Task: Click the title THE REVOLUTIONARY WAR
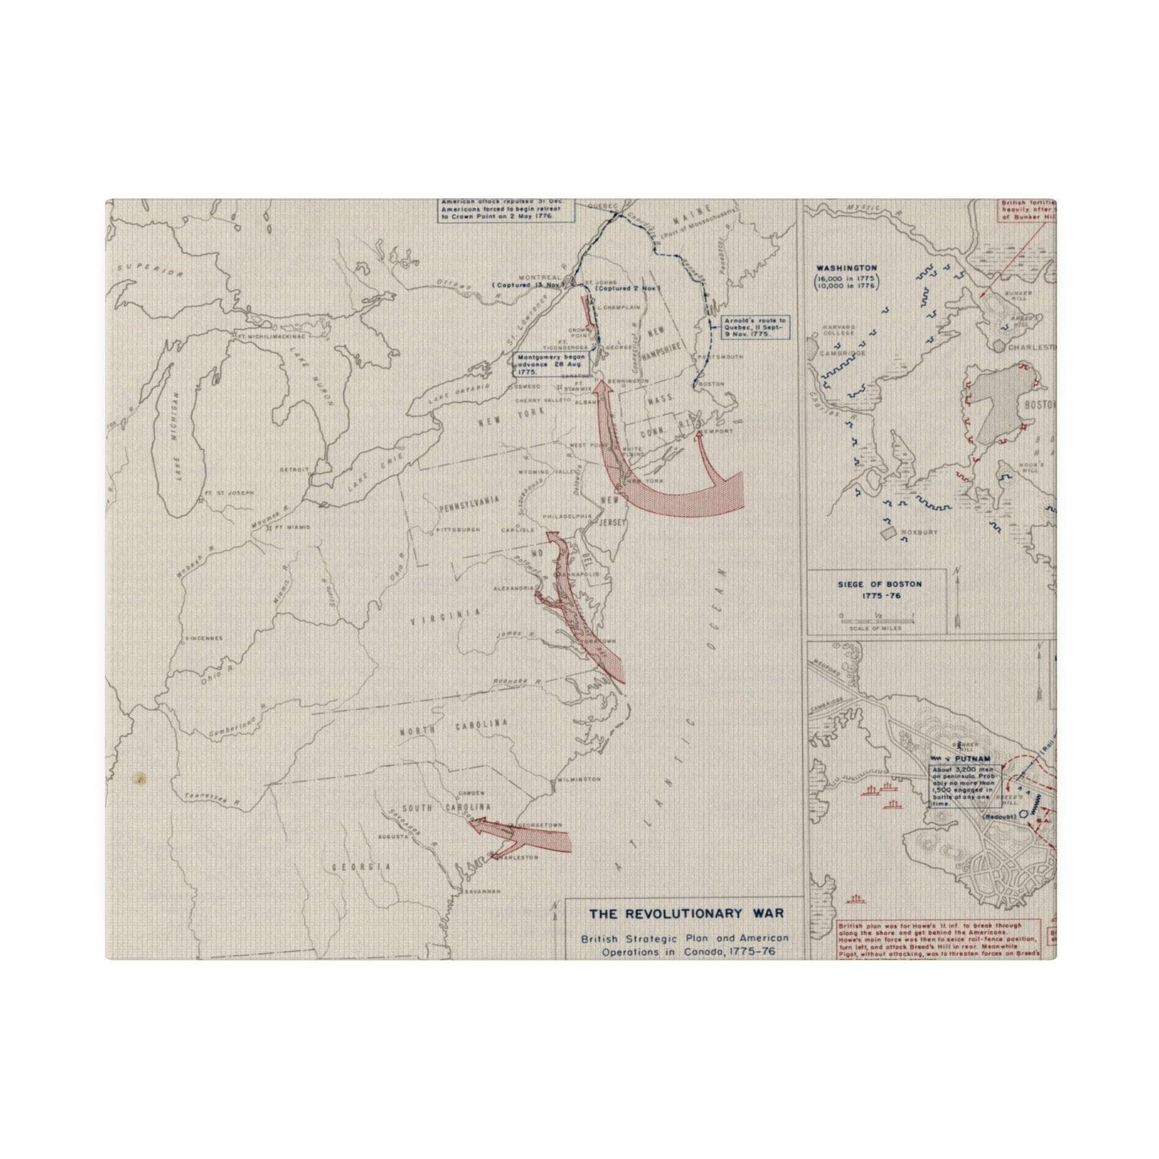686,913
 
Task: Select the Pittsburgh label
456,530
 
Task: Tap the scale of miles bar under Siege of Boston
877,618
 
